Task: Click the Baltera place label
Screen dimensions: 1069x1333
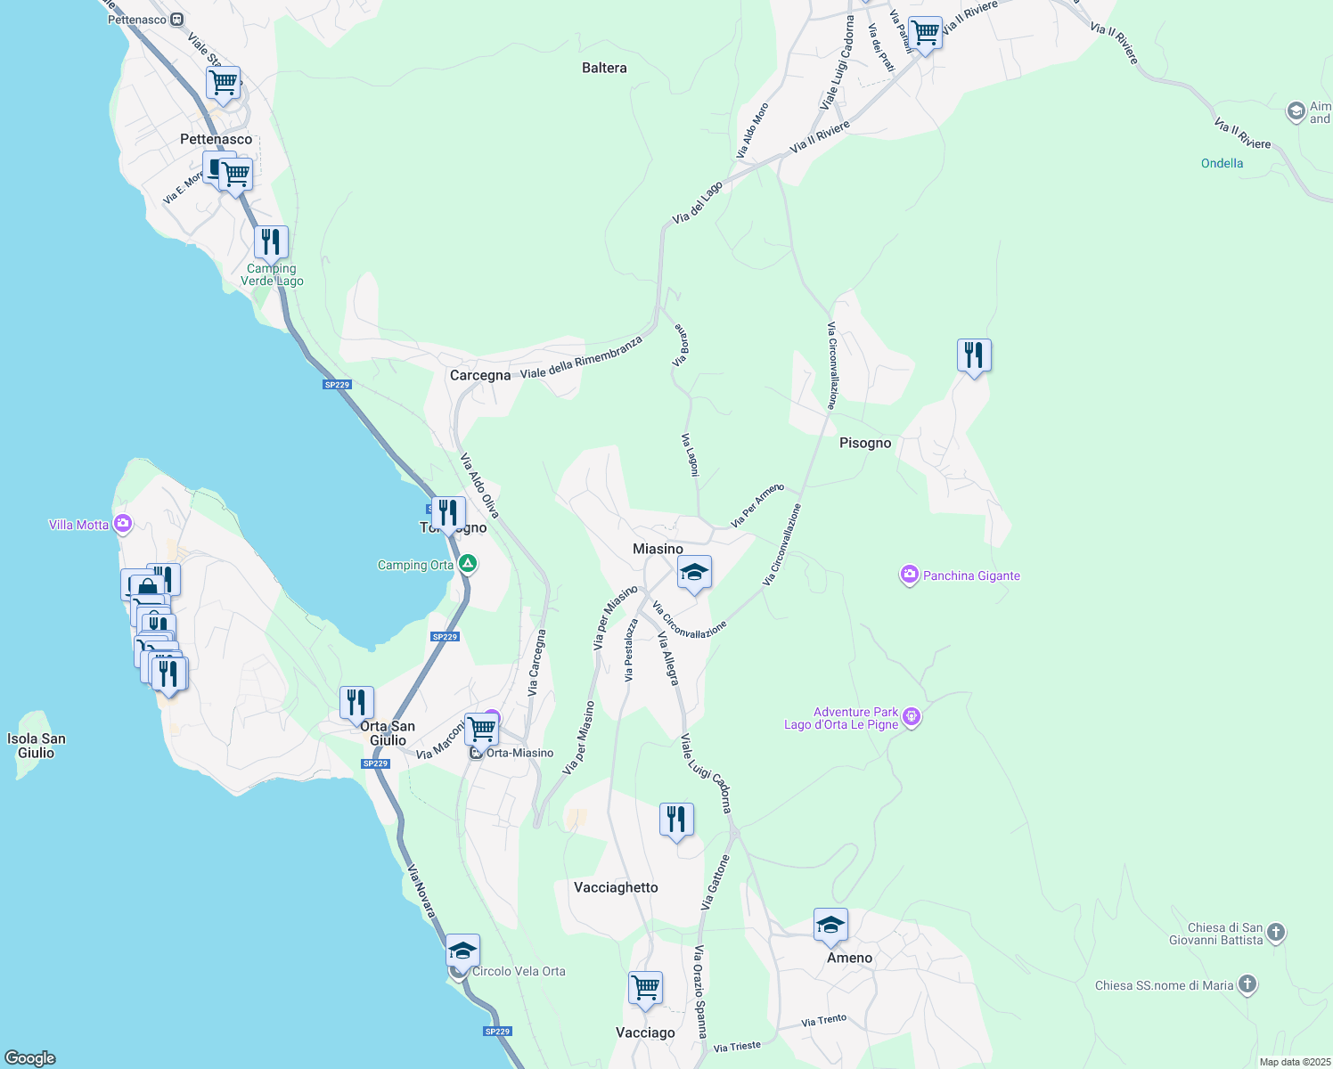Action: (604, 68)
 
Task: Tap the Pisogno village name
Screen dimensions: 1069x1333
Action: (864, 443)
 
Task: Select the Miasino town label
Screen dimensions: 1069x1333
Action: (658, 549)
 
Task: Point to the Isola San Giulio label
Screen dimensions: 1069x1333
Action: (37, 746)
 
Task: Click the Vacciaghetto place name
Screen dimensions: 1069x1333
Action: (616, 887)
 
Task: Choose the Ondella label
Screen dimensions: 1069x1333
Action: (1222, 163)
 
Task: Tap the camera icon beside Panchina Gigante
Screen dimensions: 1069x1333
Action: (909, 575)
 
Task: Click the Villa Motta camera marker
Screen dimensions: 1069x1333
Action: (123, 525)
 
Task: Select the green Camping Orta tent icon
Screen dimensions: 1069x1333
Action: (467, 565)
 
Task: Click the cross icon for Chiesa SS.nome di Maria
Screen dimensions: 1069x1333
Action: (1247, 984)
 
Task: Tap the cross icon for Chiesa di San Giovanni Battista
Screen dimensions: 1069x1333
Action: (1276, 933)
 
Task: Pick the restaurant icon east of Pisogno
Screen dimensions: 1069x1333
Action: (974, 355)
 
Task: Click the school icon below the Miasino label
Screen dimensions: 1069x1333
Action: (693, 573)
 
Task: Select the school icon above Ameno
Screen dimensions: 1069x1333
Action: (830, 926)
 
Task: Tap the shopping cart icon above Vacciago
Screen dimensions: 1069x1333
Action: (645, 988)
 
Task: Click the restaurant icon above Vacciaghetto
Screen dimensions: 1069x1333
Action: (676, 820)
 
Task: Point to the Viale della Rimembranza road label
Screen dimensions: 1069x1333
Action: (581, 357)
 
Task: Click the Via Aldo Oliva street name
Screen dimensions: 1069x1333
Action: (479, 486)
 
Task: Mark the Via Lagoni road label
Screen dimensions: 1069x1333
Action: (690, 454)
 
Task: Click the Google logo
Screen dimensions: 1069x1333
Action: (30, 1058)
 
